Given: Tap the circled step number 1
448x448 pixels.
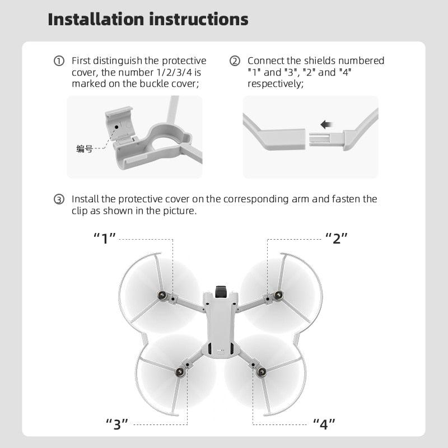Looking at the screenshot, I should (x=59, y=61).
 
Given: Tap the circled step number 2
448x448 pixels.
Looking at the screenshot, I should (x=235, y=61).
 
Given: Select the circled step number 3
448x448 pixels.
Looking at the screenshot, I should (x=59, y=200).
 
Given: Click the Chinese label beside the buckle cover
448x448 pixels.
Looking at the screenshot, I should (x=84, y=149).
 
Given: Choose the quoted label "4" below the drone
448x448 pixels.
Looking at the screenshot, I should (x=324, y=424).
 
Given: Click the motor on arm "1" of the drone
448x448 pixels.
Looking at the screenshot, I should (x=162, y=295).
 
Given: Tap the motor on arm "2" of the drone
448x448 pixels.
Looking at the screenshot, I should (x=278, y=295).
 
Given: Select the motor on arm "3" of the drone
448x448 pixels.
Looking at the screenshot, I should (x=180, y=371).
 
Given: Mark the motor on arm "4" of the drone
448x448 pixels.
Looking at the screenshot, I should (x=260, y=371).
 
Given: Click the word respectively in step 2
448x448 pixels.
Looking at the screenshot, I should (x=275, y=83).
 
